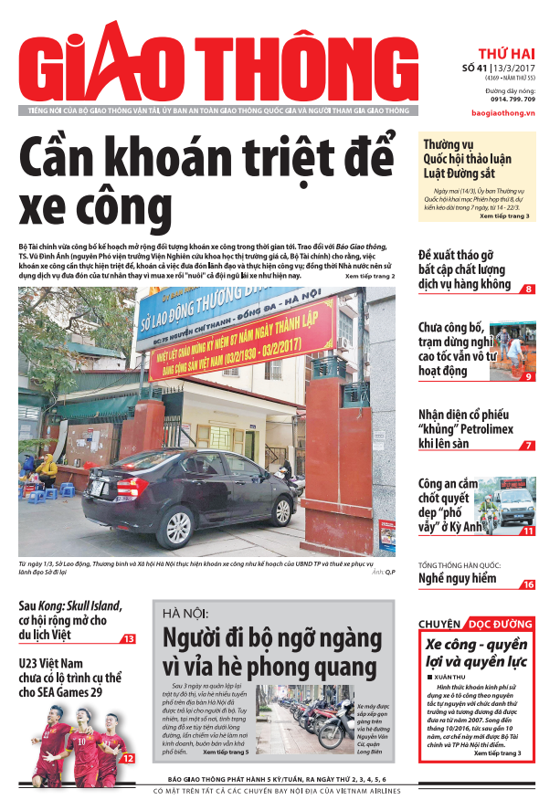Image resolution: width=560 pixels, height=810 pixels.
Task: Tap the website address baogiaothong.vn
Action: point(503,112)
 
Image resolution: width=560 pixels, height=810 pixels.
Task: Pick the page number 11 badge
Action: point(528,531)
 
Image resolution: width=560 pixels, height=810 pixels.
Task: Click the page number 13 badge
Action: point(129,639)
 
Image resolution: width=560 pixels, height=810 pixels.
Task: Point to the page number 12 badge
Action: point(129,757)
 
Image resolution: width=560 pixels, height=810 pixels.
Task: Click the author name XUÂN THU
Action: point(452,677)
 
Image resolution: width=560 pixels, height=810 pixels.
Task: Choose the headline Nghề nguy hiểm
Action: point(457,579)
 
